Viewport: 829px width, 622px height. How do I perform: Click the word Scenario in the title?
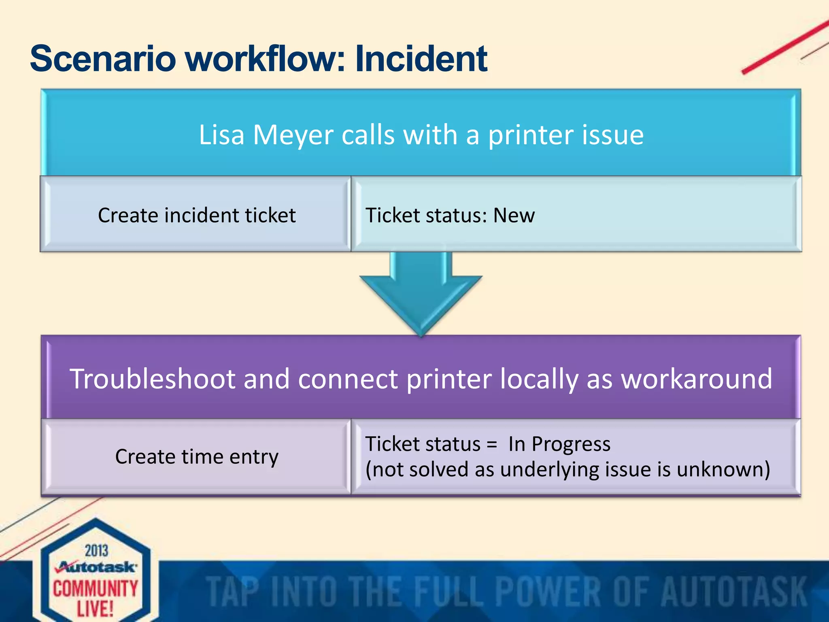click(x=103, y=59)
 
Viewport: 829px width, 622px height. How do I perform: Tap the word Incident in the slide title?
click(x=421, y=59)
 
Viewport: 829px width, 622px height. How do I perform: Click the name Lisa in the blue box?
click(x=221, y=135)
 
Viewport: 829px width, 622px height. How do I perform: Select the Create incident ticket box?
click(x=196, y=215)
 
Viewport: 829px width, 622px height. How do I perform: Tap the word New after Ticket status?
click(x=514, y=215)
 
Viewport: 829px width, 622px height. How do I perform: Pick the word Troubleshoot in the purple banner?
click(x=153, y=379)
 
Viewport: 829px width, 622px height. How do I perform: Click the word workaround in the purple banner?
click(x=697, y=379)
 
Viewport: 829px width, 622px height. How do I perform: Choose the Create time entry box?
click(x=196, y=457)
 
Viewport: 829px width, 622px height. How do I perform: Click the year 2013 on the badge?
click(x=96, y=551)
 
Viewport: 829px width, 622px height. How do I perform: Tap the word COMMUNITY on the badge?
click(x=96, y=588)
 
